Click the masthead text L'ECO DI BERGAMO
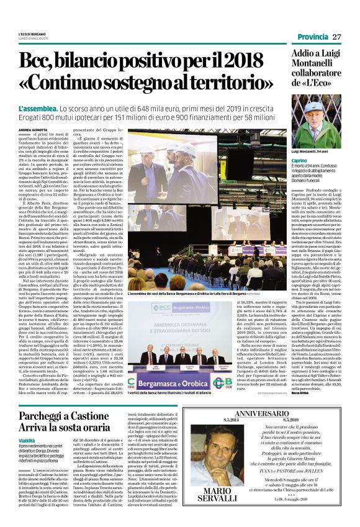click(33, 34)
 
